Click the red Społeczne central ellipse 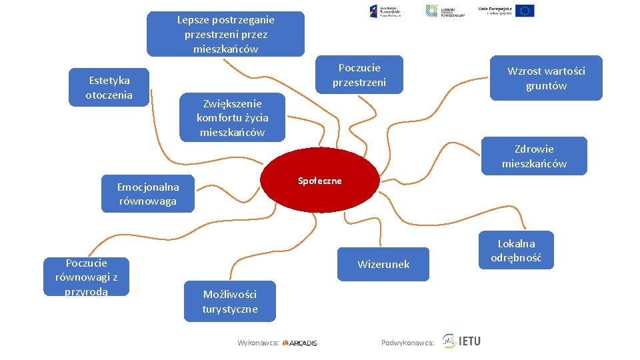(x=319, y=181)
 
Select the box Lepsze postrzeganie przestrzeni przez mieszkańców (x=225, y=34)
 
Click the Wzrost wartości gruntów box (x=546, y=78)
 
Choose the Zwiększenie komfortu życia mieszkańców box (x=232, y=117)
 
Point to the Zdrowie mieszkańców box (x=534, y=156)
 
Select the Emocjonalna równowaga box (x=148, y=194)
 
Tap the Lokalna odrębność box (x=516, y=251)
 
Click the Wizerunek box (x=383, y=264)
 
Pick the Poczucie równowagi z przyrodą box (x=87, y=277)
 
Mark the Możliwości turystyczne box (x=230, y=301)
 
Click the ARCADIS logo (x=300, y=343)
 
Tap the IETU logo (x=461, y=341)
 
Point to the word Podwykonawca (x=407, y=343)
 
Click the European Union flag (x=525, y=11)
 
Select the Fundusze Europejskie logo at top (x=385, y=11)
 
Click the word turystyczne (x=230, y=309)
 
